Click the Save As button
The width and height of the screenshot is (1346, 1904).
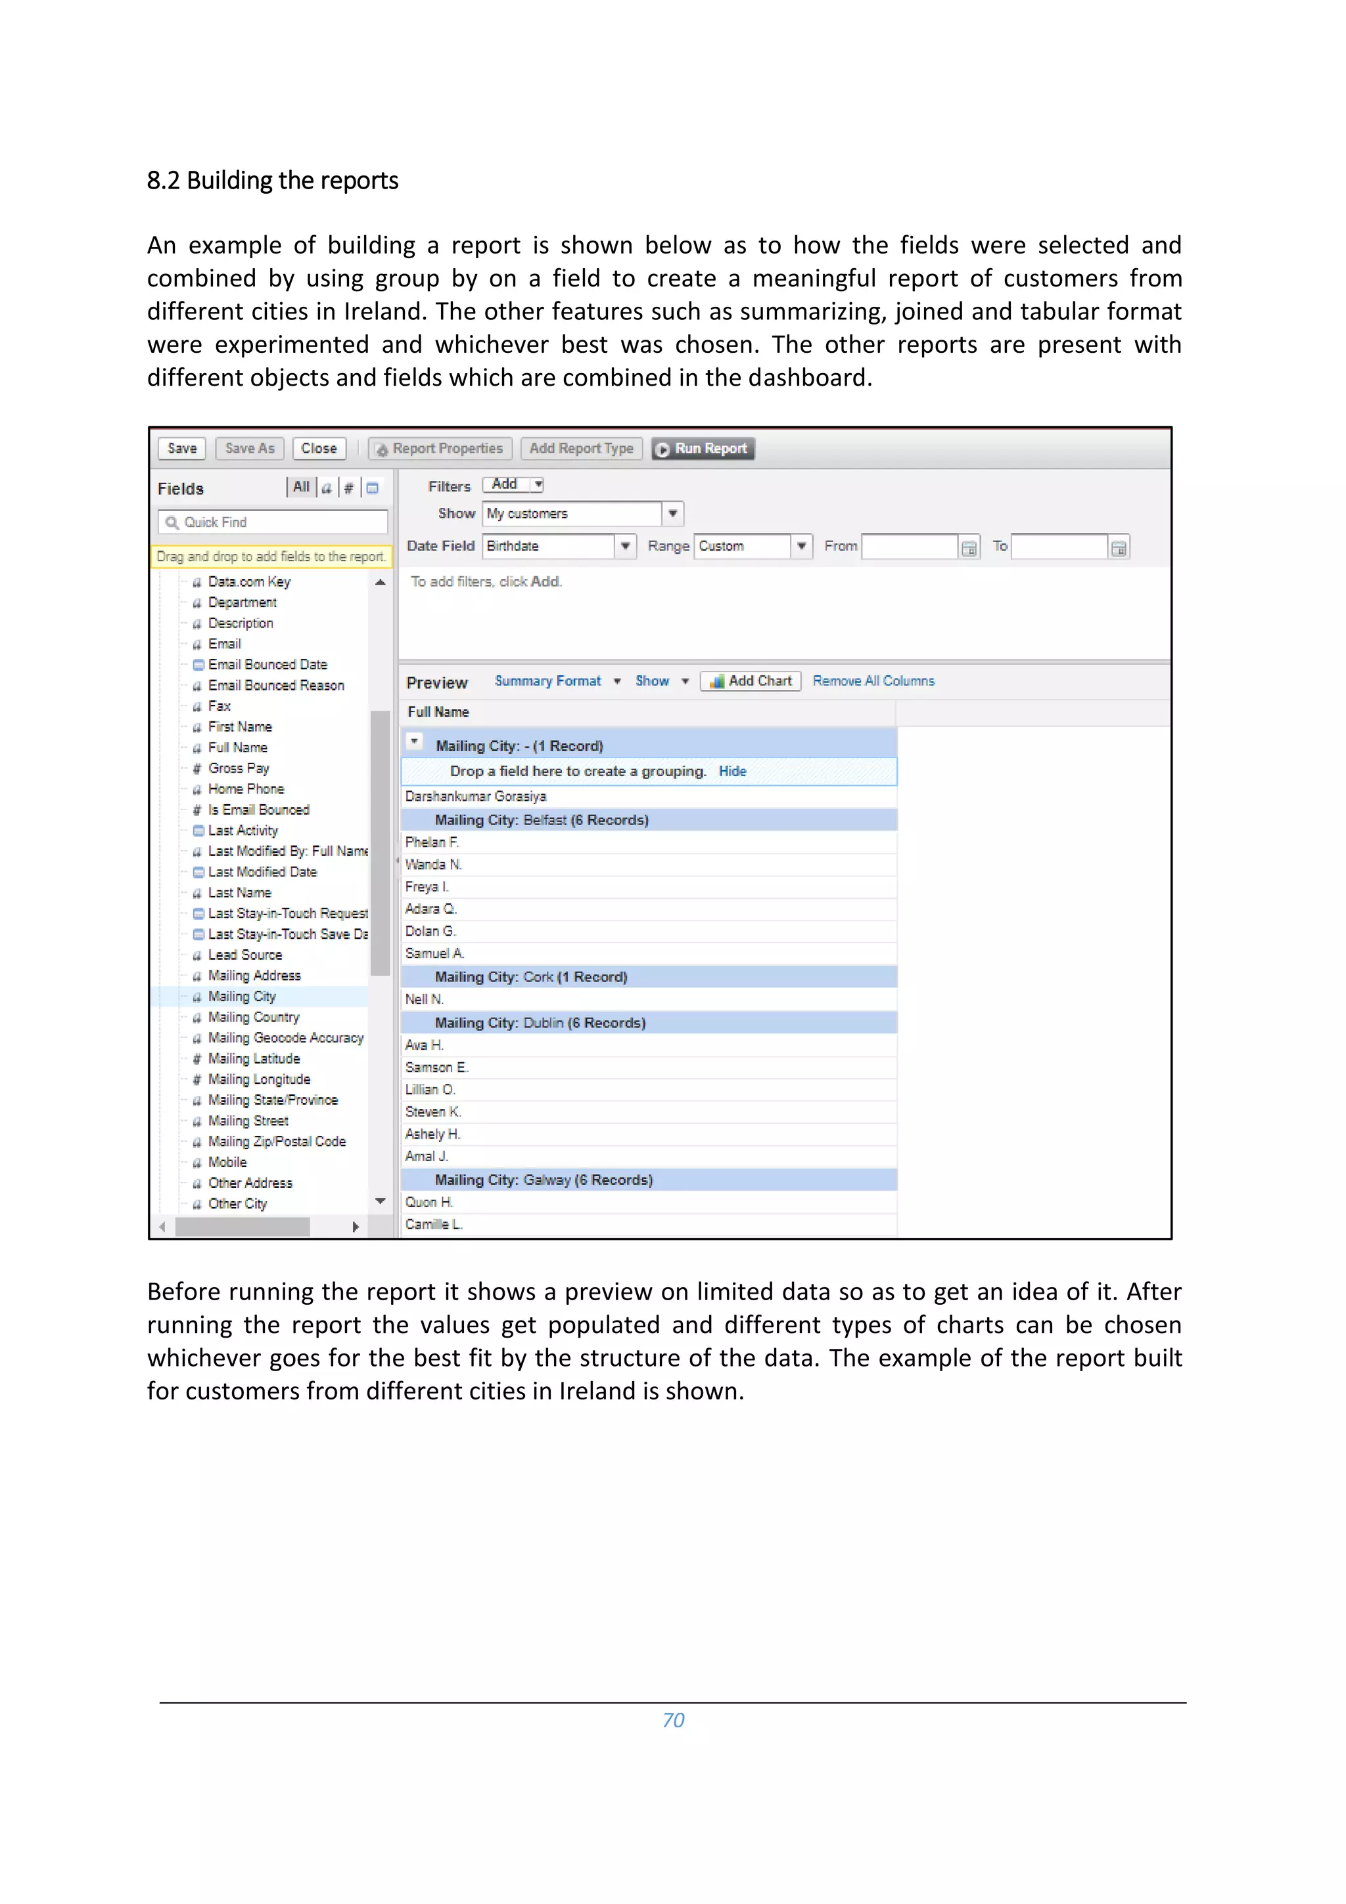pos(250,449)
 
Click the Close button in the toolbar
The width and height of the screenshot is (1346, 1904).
pos(319,449)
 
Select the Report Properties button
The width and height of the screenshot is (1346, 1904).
pos(440,449)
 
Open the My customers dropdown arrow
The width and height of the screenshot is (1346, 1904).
pos(672,513)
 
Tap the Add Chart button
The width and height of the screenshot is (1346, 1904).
pos(751,681)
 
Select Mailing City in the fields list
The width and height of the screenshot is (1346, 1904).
pos(241,996)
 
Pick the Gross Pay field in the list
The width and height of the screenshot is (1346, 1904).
pos(238,768)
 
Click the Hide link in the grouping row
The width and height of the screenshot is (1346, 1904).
pos(731,771)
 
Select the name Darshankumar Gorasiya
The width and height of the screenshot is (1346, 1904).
pos(475,796)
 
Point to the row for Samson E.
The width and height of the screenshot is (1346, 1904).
pos(437,1067)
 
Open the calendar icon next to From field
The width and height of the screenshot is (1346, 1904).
pos(968,547)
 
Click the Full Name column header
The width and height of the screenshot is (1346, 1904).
pos(439,712)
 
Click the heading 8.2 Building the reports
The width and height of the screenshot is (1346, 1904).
pos(272,180)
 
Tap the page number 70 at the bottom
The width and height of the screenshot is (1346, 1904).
pos(672,1720)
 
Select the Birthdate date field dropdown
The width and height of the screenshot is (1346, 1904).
pos(625,547)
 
